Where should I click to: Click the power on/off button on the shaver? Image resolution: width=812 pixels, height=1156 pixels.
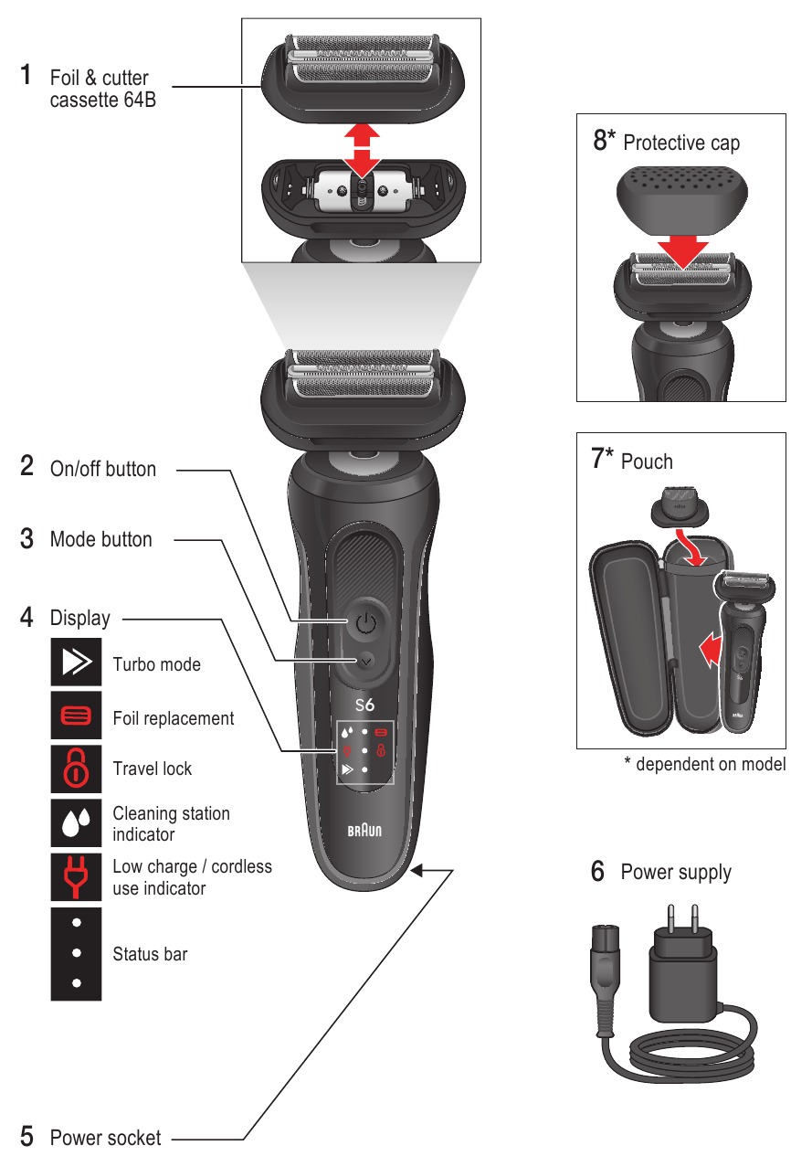[365, 625]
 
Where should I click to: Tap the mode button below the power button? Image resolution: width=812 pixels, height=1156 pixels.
[365, 659]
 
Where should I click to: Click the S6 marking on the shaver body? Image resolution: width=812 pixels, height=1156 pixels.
[364, 705]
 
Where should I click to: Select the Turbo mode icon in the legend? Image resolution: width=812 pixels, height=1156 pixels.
[76, 664]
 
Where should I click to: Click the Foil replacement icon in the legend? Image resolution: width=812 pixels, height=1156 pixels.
[76, 718]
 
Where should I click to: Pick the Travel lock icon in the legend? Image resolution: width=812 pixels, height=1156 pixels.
[76, 769]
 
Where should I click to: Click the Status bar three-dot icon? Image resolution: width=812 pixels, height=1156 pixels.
[76, 953]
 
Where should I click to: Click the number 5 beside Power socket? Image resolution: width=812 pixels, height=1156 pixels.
[27, 1138]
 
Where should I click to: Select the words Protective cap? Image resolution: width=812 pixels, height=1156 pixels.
[681, 143]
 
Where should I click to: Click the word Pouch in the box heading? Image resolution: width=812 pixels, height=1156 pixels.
[647, 461]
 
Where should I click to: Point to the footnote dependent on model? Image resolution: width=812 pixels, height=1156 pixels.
[705, 765]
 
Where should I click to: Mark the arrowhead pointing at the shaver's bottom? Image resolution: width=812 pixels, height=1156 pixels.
[418, 871]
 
